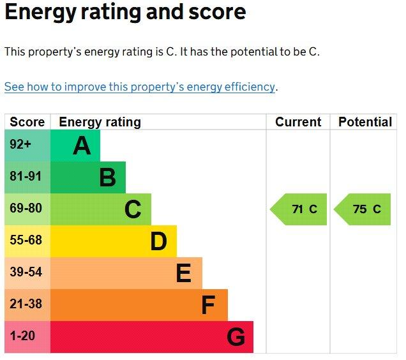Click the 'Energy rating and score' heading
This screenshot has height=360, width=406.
point(125,13)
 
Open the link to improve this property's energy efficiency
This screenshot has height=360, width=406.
point(140,87)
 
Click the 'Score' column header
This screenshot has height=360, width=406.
point(27,122)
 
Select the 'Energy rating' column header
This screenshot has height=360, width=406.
point(100,123)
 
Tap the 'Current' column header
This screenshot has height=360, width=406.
point(298,122)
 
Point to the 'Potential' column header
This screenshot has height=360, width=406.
point(365,122)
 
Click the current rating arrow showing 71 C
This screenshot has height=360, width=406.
point(298,209)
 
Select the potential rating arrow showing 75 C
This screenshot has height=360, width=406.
point(362,209)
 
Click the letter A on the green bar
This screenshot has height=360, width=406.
point(82,146)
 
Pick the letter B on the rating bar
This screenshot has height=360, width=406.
point(107,177)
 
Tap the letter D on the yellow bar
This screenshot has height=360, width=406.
point(158,241)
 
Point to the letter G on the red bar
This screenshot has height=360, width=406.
point(236,336)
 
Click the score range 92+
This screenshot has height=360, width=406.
point(20,144)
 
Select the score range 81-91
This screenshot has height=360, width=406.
point(26,176)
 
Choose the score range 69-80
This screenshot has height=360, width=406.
point(26,208)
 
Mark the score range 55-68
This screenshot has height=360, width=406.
point(26,240)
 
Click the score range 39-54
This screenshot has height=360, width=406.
point(26,272)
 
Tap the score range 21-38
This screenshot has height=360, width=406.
point(26,304)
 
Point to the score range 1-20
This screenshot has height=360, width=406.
point(22,336)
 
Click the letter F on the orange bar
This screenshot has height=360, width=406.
point(208,305)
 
